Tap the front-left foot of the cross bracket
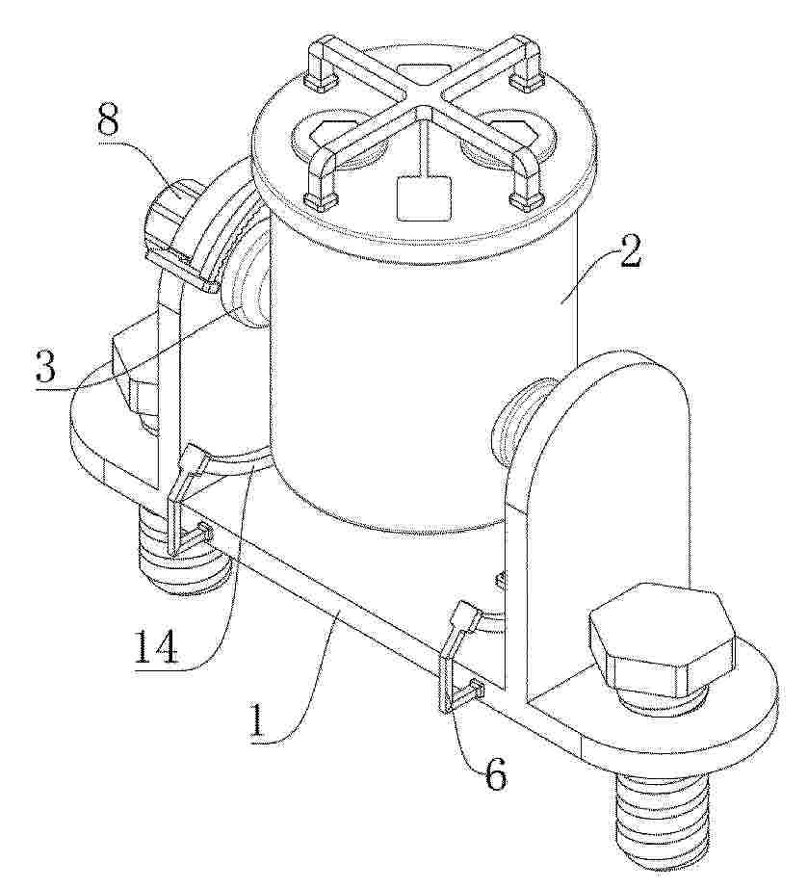[x=323, y=198]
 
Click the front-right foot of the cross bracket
[x=526, y=198]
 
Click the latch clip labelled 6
[x=462, y=658]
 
